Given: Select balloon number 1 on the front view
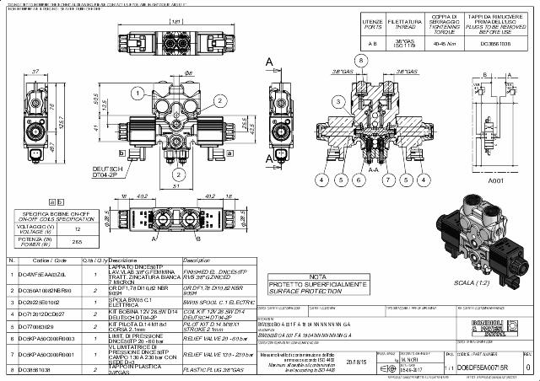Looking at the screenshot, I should point(209,81).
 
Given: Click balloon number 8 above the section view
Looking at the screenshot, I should point(359,62).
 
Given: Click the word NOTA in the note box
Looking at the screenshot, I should point(317,276).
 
